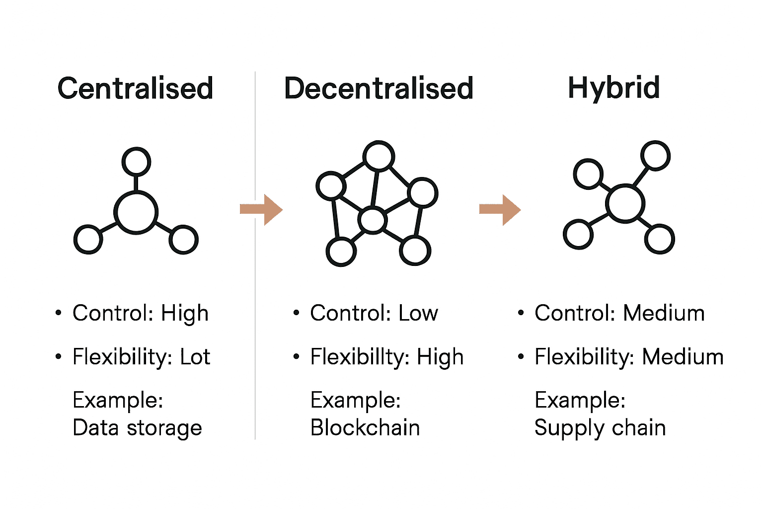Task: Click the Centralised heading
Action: [135, 88]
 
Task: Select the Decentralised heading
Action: [379, 88]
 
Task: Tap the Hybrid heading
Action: [613, 88]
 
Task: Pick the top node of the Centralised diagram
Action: [136, 162]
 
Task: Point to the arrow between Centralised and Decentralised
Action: [261, 210]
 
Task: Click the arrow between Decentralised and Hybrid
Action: [500, 210]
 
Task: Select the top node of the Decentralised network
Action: [379, 156]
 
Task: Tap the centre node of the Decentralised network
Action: [373, 220]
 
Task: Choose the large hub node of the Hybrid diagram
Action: [625, 203]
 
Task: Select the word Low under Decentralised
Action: [418, 313]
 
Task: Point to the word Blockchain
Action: [365, 427]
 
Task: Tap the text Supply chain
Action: [600, 428]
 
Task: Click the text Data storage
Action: [137, 428]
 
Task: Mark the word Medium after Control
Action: [664, 313]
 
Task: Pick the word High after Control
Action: [185, 314]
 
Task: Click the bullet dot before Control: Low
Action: [297, 313]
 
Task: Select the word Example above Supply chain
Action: [579, 400]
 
